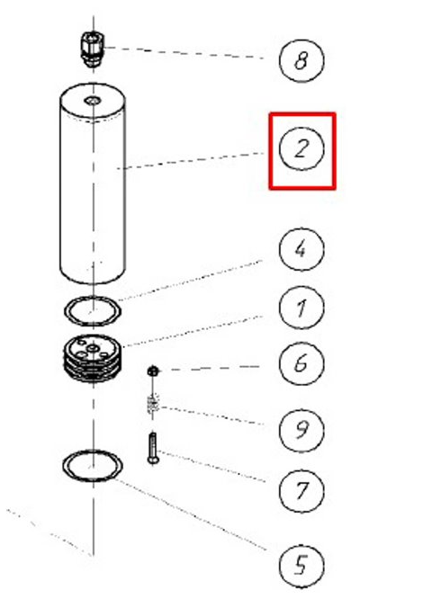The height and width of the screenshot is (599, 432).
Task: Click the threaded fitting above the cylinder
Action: [93, 49]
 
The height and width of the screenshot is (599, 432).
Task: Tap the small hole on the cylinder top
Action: [93, 102]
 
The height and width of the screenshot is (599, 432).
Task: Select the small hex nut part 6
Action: [153, 371]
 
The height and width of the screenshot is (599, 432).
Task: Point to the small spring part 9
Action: [152, 405]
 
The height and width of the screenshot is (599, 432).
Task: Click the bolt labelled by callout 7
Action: [153, 449]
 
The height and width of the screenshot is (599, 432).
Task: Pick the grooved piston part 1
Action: [93, 359]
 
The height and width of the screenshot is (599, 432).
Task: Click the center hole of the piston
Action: [93, 348]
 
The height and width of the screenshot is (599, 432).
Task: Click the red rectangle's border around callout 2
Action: [270, 150]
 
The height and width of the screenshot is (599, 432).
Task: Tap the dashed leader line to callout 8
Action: [184, 53]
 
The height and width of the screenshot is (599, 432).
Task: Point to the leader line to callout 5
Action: [191, 514]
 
